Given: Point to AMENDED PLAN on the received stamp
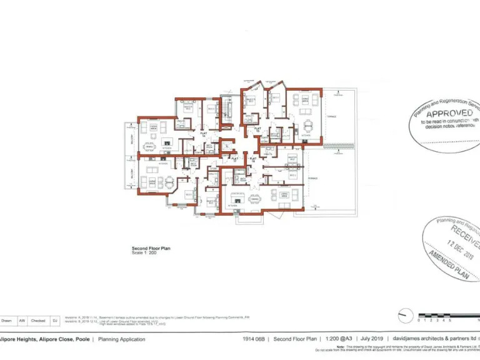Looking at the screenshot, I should (x=449, y=262).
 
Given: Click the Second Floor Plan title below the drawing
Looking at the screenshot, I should (x=151, y=248).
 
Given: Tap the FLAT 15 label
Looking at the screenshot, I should (x=257, y=130).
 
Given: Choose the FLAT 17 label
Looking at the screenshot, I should (x=236, y=159).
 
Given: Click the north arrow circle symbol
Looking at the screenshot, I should (x=406, y=317).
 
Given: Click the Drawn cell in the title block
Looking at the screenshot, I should (x=6, y=321).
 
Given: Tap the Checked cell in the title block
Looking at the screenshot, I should (x=37, y=321).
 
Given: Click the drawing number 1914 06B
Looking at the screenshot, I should (x=254, y=339).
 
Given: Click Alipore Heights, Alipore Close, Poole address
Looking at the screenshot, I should (x=45, y=339).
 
